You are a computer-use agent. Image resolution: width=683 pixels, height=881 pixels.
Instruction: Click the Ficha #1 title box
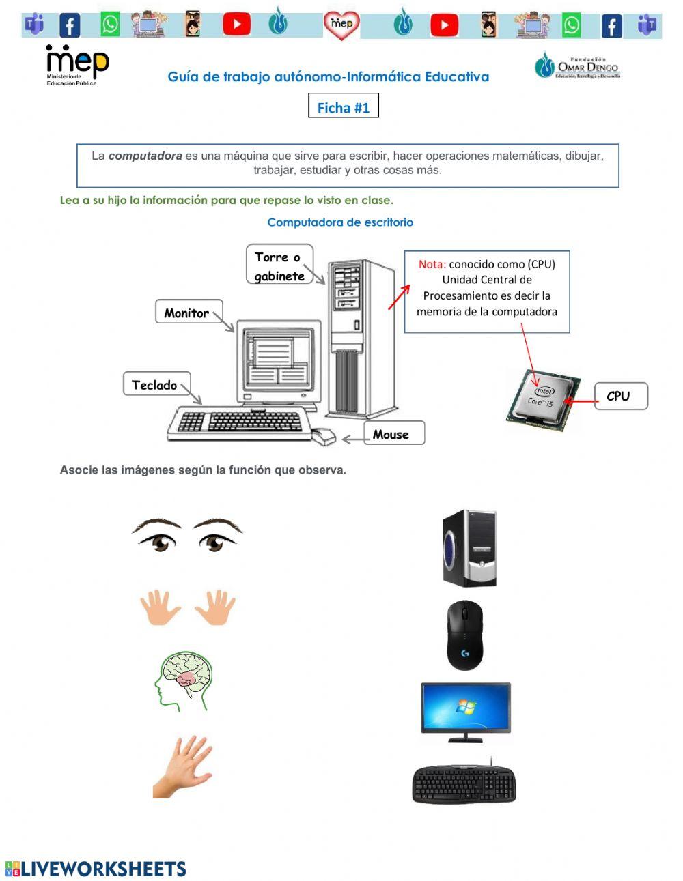point(343,107)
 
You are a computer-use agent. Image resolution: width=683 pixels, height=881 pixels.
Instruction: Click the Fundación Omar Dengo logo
point(577,66)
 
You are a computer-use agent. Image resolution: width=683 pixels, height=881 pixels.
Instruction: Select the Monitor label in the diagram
point(187,313)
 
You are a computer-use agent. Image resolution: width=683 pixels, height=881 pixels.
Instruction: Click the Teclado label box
point(155,385)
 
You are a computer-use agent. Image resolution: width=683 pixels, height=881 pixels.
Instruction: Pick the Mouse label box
point(392,434)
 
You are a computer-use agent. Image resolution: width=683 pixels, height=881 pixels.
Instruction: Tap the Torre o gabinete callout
point(279,265)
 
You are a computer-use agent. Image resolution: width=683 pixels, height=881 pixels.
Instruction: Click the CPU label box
point(619,396)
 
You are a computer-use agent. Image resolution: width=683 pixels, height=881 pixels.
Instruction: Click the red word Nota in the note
point(432,264)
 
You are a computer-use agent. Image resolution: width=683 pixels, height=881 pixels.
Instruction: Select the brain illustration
point(184,680)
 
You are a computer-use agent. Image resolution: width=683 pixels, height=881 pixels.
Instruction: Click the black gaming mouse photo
point(464,635)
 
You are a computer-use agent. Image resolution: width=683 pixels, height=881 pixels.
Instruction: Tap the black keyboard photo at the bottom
point(464,783)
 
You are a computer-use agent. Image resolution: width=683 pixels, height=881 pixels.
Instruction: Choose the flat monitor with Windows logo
point(465,710)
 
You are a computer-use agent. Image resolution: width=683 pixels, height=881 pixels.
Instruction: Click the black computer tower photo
point(470,548)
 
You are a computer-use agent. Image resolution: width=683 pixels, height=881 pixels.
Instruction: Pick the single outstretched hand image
point(183,766)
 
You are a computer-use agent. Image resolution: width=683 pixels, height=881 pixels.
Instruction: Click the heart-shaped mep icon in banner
point(341,25)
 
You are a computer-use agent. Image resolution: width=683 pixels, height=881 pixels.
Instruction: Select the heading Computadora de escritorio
point(340,222)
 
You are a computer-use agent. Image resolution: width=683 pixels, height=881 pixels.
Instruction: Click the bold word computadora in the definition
point(145,156)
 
